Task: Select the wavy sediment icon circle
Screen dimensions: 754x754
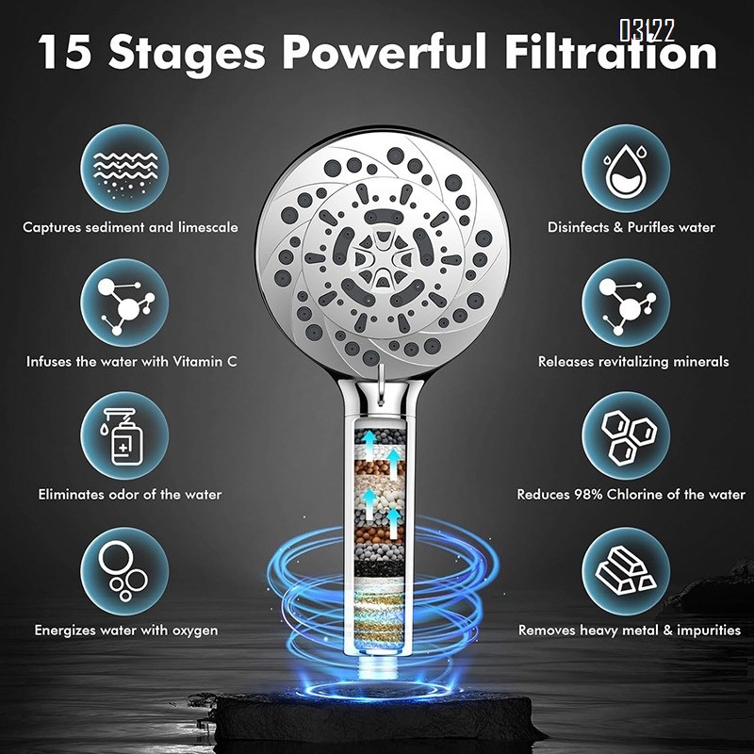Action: [124, 170]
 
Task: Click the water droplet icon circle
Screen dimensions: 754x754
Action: [625, 170]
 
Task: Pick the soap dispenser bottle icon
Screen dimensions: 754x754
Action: [124, 436]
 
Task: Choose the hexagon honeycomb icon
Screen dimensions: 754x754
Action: [625, 436]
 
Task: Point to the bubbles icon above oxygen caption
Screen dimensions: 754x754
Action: [124, 571]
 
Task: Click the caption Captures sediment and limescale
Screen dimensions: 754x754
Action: [130, 227]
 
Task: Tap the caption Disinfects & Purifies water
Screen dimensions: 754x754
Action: [631, 227]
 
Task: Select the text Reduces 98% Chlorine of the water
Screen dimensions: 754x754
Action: [631, 495]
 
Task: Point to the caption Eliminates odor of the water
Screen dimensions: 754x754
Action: [130, 495]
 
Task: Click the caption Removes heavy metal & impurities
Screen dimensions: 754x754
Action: [630, 630]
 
